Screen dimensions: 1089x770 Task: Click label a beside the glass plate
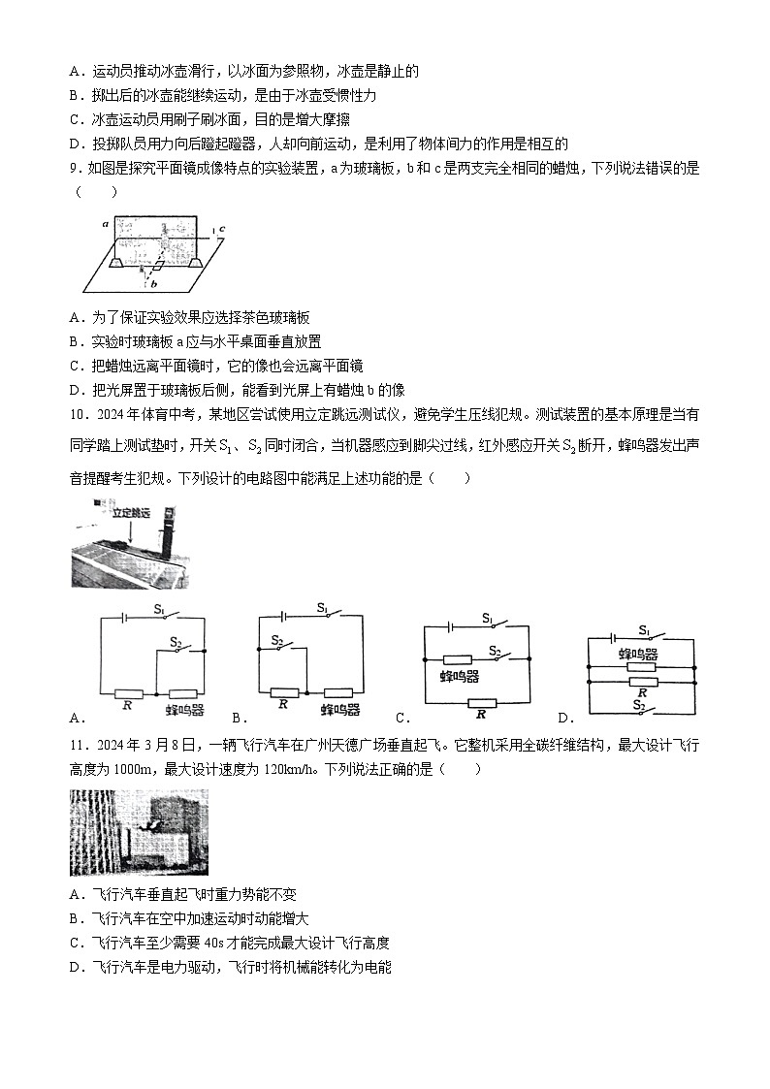(104, 223)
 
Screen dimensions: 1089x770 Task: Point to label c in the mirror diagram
(222, 230)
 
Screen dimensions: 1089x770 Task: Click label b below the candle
(153, 283)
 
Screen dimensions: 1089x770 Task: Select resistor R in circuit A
(128, 693)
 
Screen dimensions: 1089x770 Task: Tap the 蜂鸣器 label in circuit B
(341, 709)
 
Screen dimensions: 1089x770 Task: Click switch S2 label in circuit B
(276, 640)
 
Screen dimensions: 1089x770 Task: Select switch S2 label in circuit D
(640, 706)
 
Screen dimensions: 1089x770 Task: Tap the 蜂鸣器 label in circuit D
(639, 655)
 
